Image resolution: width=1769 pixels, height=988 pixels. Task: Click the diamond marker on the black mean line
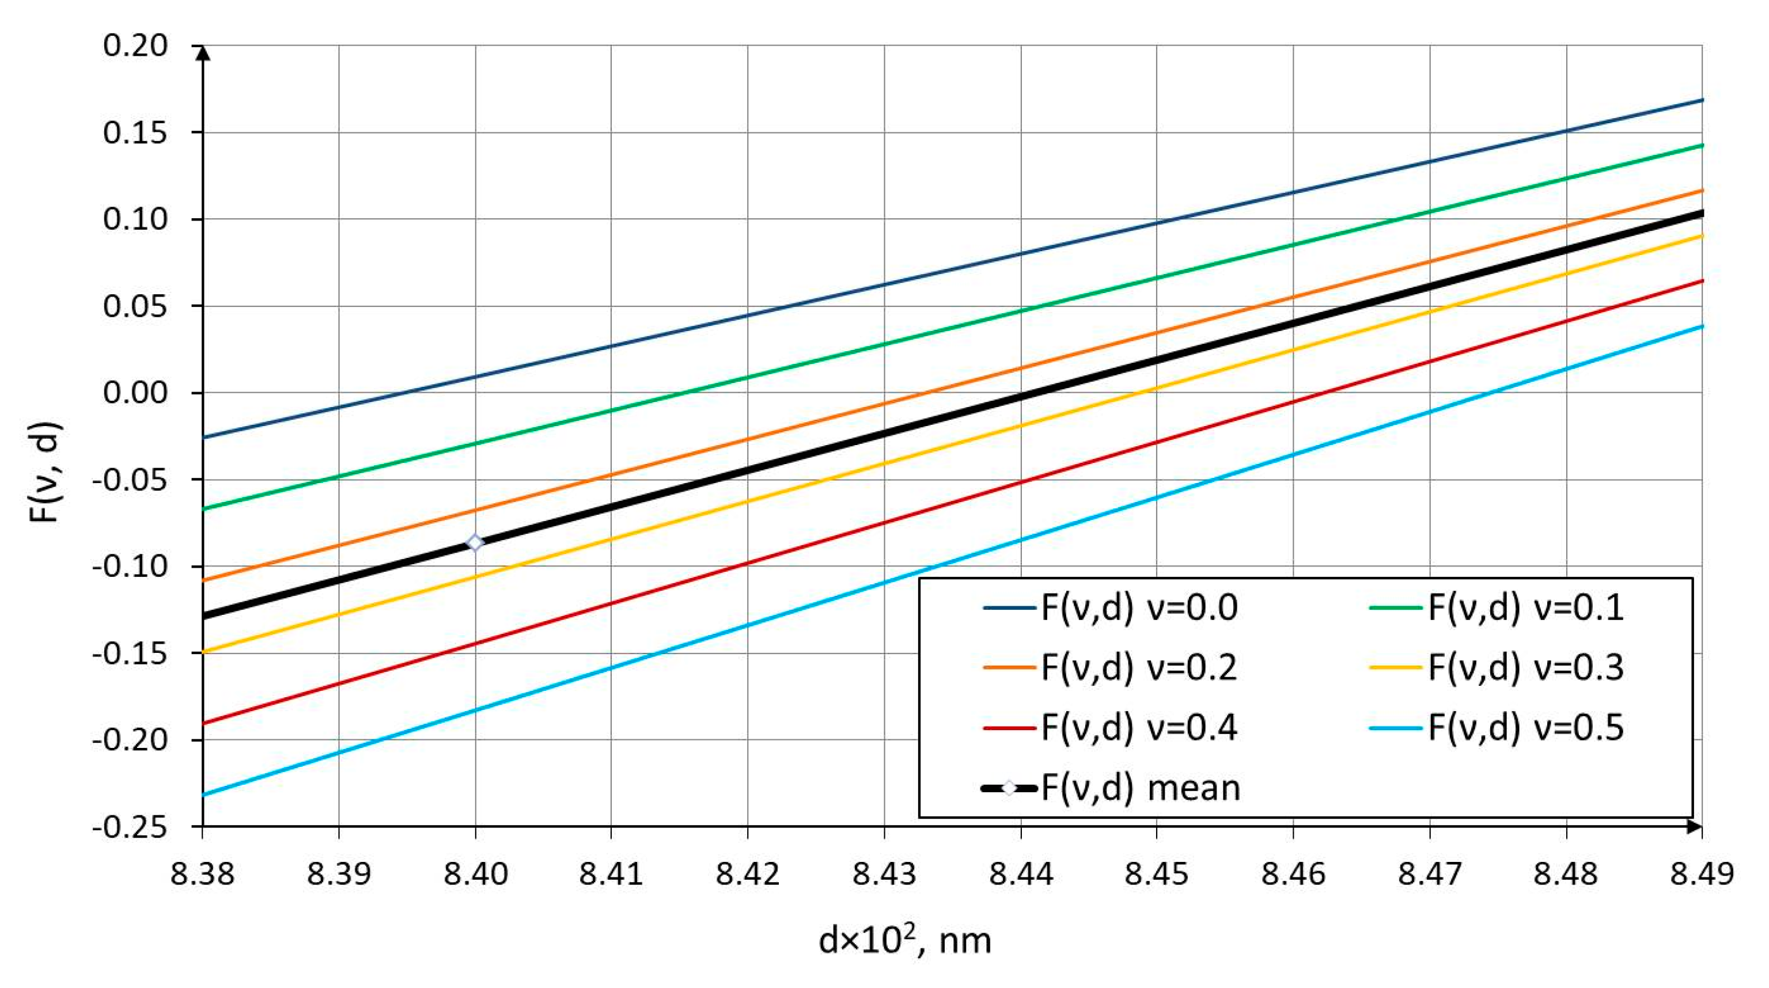point(475,543)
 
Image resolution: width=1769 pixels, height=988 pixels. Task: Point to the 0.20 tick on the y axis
point(135,46)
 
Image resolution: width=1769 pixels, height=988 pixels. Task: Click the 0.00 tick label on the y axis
point(135,393)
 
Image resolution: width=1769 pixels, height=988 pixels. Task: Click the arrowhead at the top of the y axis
point(203,51)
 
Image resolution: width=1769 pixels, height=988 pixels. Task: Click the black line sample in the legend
point(1009,788)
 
